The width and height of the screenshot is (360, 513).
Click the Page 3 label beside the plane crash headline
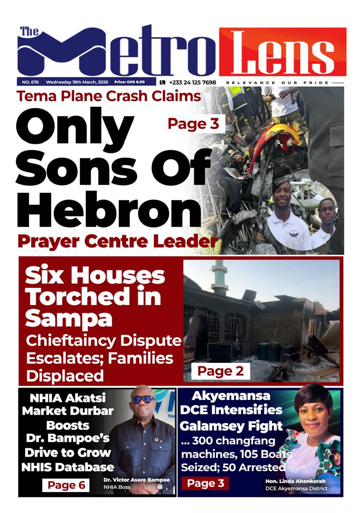193,124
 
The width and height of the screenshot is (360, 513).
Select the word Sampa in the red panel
69,318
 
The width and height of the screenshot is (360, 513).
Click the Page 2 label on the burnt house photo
220,371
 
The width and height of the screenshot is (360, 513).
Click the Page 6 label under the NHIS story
66,485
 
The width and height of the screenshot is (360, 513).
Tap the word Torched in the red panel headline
93,297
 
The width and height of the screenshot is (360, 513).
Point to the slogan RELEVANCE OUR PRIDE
277,83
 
